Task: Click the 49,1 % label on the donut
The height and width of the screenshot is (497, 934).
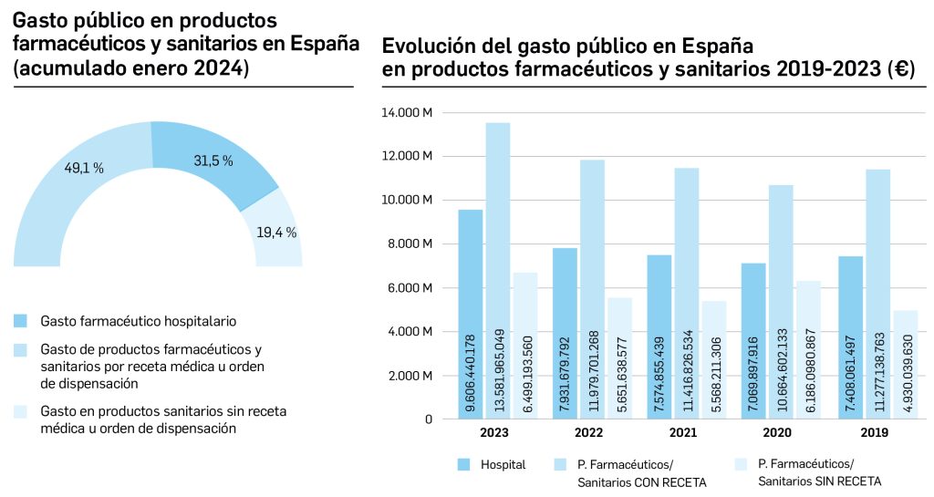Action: (83, 168)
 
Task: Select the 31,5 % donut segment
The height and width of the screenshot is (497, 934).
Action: (213, 161)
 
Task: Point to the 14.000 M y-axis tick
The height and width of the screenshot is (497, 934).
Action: (412, 113)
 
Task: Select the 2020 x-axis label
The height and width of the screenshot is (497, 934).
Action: (778, 433)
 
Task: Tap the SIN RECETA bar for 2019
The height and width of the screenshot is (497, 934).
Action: (904, 365)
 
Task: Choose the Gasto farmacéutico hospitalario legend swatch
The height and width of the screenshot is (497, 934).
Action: (21, 321)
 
